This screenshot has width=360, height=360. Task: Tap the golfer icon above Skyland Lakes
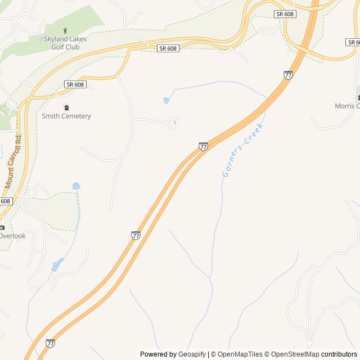65,31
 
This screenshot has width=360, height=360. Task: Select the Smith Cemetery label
66,116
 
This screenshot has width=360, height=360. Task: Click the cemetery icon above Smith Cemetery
66,107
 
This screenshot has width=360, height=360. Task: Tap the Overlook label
12,236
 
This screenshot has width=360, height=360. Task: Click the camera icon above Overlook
2,227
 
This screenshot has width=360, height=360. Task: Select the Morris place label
346,106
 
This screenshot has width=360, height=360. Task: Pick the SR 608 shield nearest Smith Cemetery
75,84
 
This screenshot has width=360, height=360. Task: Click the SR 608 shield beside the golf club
168,49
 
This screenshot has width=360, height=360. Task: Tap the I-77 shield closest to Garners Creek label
203,146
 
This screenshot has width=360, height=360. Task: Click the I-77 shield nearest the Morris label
288,75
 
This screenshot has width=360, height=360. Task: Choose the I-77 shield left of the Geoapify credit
51,343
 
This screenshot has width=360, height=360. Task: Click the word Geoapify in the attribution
192,354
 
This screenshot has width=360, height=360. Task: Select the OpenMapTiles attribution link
240,354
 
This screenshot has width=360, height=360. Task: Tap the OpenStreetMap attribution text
295,354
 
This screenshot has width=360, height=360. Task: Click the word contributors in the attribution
339,354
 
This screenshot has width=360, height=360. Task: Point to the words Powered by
158,354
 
